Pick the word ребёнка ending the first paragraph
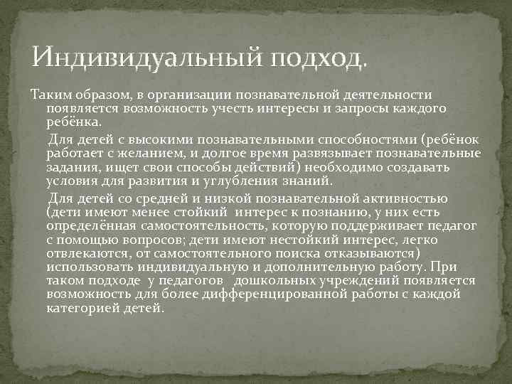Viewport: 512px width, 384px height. tap(73, 122)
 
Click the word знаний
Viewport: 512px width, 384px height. tap(308, 181)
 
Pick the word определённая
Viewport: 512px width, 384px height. tap(95, 225)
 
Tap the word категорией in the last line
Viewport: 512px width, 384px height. tap(86, 309)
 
